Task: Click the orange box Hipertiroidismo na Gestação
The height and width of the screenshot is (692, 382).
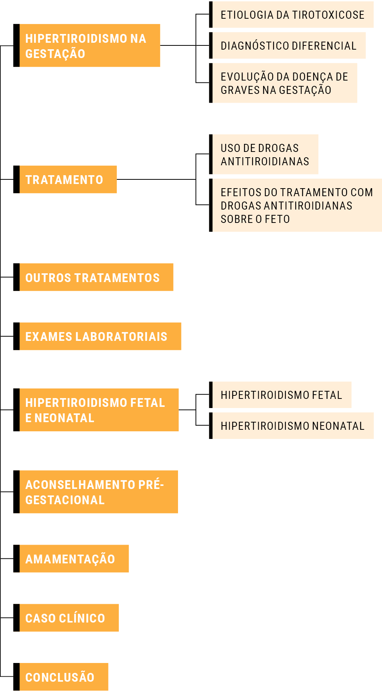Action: (x=87, y=45)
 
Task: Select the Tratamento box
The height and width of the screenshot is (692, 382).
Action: (x=65, y=179)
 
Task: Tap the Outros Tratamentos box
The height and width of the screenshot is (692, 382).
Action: (x=93, y=277)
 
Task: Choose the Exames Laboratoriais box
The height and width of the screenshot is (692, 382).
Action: (x=97, y=336)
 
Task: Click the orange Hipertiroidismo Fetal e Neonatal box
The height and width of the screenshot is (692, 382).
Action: (x=96, y=410)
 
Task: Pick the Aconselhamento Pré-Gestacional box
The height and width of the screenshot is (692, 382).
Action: (x=95, y=492)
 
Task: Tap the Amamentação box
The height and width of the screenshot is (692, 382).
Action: (x=71, y=559)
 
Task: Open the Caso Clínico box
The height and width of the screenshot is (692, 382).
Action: (x=66, y=618)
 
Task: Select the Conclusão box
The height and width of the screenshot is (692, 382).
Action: (x=61, y=677)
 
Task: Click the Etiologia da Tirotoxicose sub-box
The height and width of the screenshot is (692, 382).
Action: (x=291, y=15)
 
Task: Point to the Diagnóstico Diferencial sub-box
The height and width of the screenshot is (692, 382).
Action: (x=287, y=45)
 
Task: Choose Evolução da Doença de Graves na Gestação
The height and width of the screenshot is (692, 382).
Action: (x=283, y=83)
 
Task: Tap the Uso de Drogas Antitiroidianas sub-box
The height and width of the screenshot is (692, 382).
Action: (x=264, y=154)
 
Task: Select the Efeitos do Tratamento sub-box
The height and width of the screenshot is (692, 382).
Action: (x=296, y=205)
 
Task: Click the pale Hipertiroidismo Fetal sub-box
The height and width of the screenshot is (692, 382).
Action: (x=280, y=395)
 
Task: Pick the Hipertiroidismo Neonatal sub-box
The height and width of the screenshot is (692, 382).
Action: (x=291, y=426)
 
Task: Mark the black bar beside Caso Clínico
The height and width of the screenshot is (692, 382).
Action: (x=16, y=618)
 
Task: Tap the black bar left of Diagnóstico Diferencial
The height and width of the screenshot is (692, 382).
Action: (x=211, y=45)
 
